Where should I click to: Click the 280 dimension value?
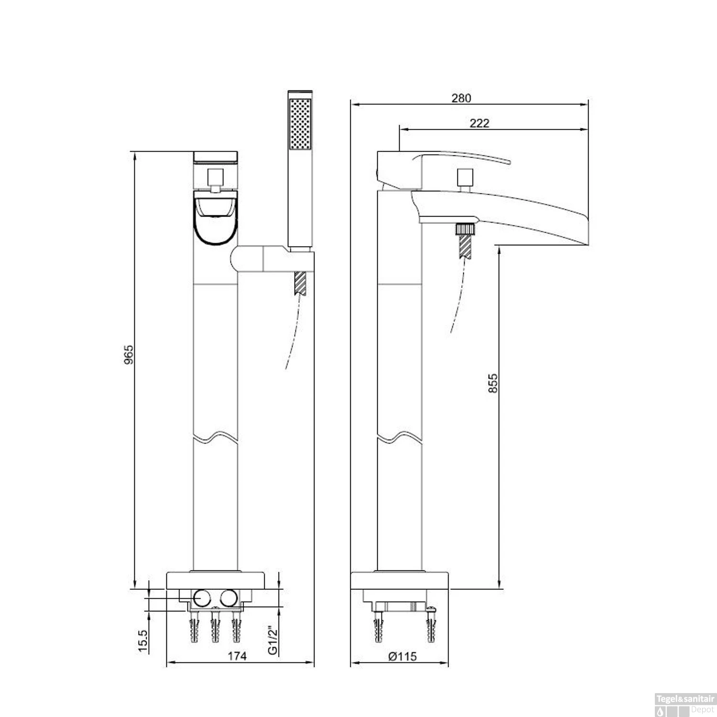(x=461, y=98)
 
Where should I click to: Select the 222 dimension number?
(x=479, y=123)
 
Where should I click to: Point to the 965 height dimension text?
(x=129, y=354)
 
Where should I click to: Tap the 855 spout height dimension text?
(x=493, y=383)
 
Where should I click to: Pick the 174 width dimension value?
(x=237, y=656)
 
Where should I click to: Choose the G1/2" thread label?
(x=272, y=641)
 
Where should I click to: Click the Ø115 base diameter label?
(x=402, y=656)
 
